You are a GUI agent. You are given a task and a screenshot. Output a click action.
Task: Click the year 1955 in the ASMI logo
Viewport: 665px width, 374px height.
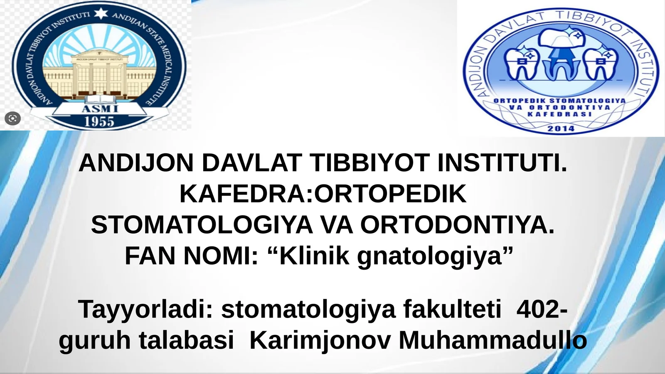(x=99, y=121)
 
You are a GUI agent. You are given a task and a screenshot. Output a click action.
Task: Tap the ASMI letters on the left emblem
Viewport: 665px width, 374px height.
(x=100, y=109)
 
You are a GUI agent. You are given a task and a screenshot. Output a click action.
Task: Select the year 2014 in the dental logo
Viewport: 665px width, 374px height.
(x=561, y=128)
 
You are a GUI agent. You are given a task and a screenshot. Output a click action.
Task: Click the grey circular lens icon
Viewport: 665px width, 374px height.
(x=12, y=119)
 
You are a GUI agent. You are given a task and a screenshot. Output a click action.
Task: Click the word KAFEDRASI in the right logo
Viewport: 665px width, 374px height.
(x=560, y=114)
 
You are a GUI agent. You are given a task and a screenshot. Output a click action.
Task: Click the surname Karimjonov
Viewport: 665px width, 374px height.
(x=320, y=340)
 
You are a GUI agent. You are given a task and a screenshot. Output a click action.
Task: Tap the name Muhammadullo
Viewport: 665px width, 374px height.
(x=493, y=340)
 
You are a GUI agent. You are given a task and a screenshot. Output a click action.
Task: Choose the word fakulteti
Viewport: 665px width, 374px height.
(x=452, y=310)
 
